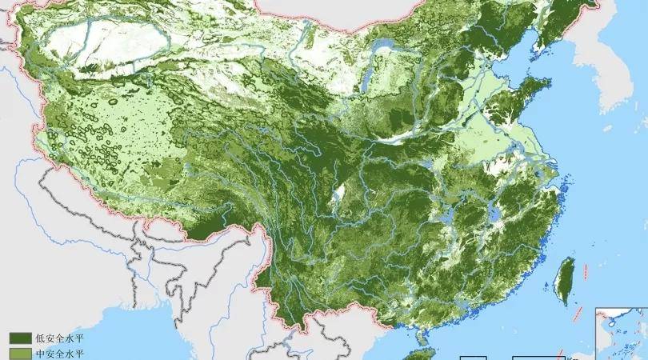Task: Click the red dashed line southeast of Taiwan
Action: click(x=578, y=316)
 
